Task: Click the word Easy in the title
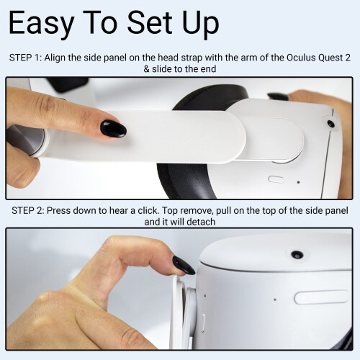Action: click(x=41, y=24)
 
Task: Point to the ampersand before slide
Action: click(x=146, y=69)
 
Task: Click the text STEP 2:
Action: click(x=28, y=210)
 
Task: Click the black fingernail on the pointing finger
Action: click(x=113, y=128)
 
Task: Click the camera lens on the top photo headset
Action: click(x=330, y=124)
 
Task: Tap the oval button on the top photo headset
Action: click(x=276, y=179)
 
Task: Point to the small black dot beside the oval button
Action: click(x=298, y=182)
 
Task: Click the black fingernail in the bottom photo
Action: click(x=184, y=265)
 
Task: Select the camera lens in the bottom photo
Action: click(x=297, y=254)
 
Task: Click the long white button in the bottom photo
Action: click(x=322, y=297)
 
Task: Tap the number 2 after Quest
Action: click(x=348, y=58)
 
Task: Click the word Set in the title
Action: click(x=150, y=24)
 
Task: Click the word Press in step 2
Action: click(x=58, y=210)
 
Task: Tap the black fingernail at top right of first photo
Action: click(x=278, y=96)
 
